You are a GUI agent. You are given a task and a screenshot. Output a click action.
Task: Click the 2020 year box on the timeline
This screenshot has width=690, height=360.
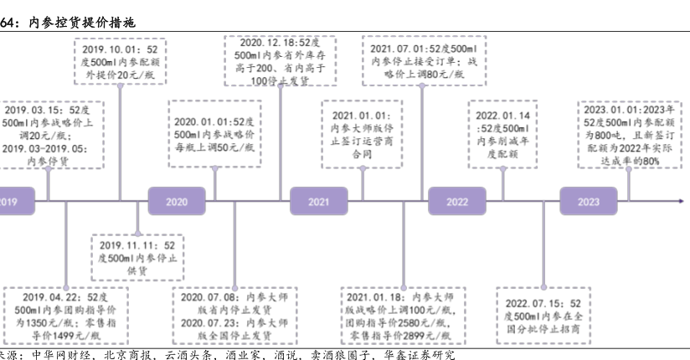point(177,201)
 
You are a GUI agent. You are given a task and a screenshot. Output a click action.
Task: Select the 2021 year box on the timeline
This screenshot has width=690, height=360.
point(318,201)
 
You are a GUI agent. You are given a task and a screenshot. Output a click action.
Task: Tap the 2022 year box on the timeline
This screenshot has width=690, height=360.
point(456,201)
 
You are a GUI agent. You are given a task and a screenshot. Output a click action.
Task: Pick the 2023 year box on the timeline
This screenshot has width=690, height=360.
point(589,201)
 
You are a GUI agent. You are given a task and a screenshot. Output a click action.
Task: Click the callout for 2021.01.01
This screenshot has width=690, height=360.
point(361,135)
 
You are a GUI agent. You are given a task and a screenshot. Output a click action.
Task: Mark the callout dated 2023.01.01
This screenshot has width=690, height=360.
point(629,135)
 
